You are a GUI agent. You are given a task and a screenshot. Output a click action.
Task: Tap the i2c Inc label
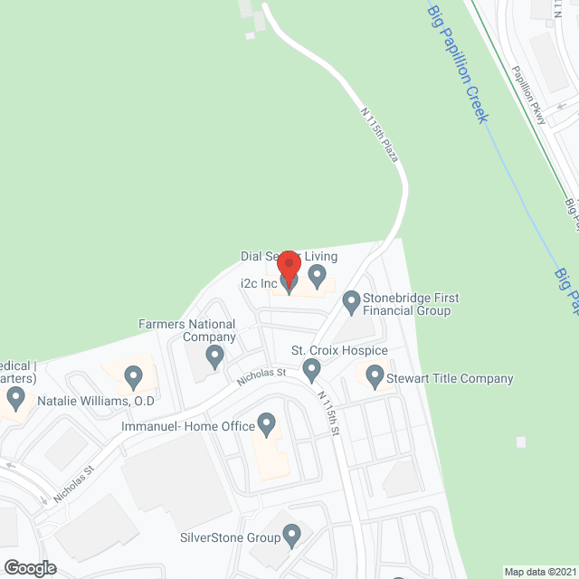[x=258, y=283]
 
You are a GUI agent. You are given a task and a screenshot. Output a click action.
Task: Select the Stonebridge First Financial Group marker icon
[x=350, y=300]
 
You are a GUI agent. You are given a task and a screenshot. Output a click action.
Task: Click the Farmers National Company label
[x=187, y=330]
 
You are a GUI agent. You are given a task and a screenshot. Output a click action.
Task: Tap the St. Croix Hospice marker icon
[x=312, y=368]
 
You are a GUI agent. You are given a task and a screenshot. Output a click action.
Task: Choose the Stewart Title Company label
[x=451, y=379]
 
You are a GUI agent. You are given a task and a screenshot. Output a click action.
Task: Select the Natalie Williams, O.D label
[x=96, y=400]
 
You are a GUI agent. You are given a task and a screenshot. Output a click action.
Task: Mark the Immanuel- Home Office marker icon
[x=266, y=422]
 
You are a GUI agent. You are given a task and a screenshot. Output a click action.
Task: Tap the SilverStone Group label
[x=230, y=537]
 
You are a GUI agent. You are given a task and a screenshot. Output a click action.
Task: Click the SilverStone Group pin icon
[x=291, y=537]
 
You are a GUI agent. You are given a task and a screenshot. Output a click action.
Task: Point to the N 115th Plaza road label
[x=379, y=136]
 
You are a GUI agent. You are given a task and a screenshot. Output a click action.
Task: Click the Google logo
[x=29, y=568]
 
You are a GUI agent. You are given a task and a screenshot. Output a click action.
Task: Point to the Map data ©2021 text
[x=538, y=572]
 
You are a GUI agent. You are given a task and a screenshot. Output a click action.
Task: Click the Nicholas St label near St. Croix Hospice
[x=262, y=372]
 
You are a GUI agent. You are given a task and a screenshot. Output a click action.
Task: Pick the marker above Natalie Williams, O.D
[x=133, y=375]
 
